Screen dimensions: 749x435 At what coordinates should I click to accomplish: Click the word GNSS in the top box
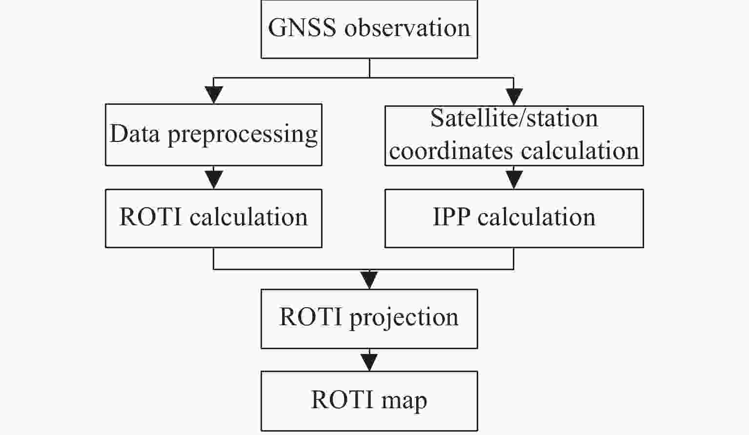coord(302,27)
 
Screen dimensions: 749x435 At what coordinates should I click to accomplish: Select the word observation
coord(407,27)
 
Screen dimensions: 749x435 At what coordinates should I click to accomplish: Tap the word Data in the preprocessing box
coord(134,134)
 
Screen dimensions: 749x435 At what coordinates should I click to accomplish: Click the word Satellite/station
coord(514,118)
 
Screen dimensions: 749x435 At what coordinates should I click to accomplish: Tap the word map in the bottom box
coord(404,401)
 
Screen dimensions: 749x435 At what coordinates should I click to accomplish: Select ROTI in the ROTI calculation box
coord(150,217)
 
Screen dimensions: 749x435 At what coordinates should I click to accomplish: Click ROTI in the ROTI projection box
coord(310,316)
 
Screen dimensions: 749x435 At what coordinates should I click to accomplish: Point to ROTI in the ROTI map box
coord(342,399)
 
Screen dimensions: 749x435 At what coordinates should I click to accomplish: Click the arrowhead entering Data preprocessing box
coord(214,95)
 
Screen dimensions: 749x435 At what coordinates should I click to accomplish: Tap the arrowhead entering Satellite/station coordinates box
coord(514,97)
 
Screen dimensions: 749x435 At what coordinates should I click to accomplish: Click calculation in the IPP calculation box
coord(536,217)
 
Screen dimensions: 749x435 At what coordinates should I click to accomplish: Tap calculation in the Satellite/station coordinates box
coord(580,151)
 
